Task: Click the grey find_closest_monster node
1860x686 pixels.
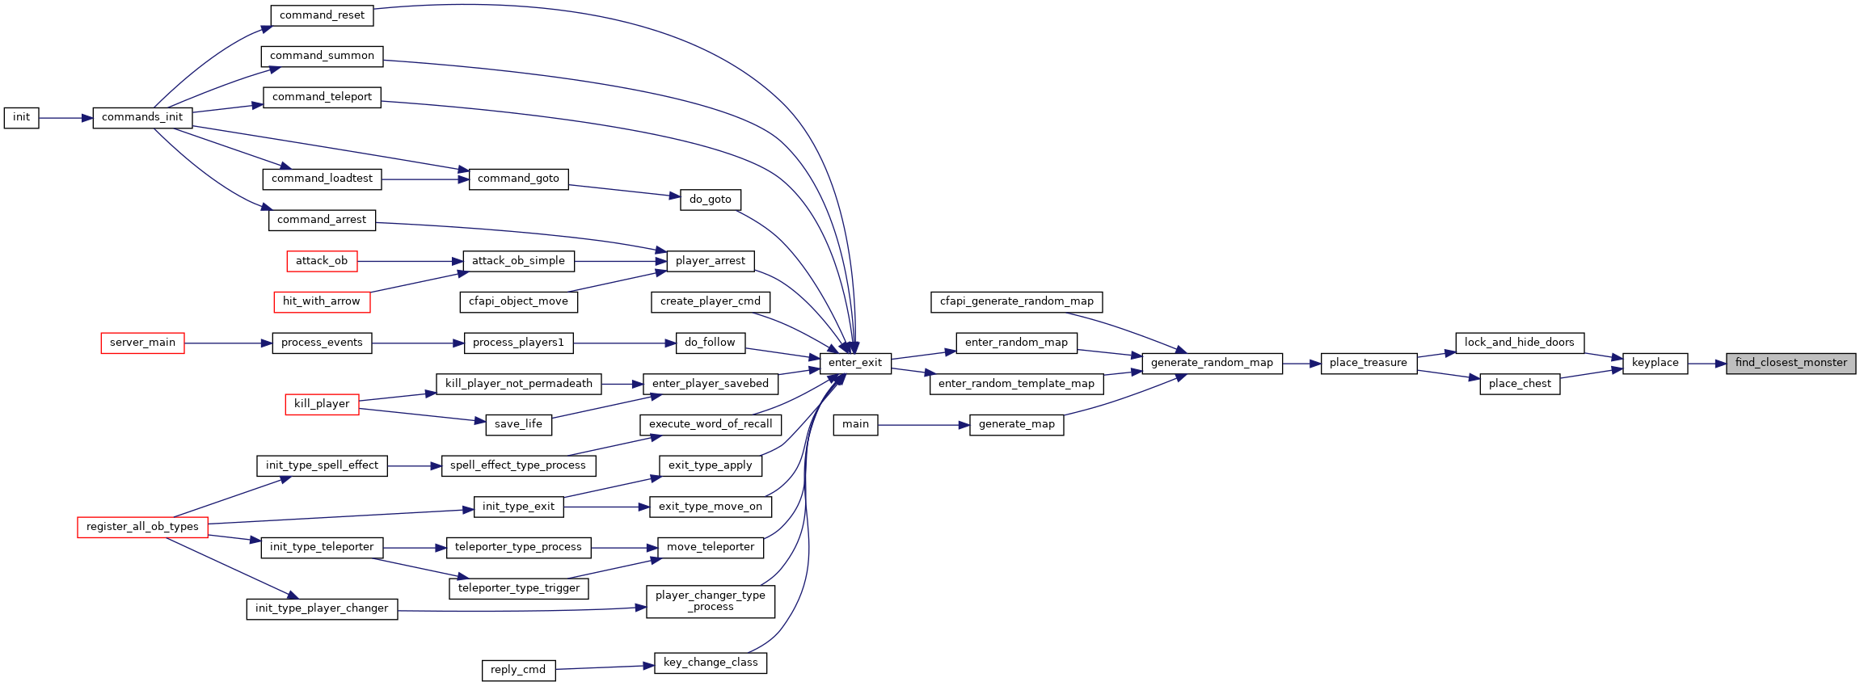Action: pos(1790,363)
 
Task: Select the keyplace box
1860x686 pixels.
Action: pos(1655,363)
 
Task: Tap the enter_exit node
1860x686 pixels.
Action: pos(855,363)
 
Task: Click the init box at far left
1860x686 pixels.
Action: pos(21,117)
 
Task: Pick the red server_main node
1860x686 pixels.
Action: pos(142,343)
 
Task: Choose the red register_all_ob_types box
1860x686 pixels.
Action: pos(142,527)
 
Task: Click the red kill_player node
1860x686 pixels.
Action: pos(322,404)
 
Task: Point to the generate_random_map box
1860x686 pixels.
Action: pos(1212,363)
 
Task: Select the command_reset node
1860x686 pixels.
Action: pos(322,15)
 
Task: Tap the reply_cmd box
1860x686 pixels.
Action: pos(518,670)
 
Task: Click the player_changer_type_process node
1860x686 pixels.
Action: pos(711,601)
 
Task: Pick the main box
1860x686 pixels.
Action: pos(855,424)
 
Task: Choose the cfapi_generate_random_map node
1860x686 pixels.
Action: pos(1016,301)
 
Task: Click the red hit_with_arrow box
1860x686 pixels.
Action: pos(322,301)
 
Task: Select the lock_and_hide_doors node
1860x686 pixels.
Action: pos(1520,343)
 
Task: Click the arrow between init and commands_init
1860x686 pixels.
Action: pos(65,118)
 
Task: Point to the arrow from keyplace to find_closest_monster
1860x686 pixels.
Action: pos(1706,364)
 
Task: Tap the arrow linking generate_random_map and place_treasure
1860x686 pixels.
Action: pos(1301,364)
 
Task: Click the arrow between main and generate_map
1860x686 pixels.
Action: pos(924,425)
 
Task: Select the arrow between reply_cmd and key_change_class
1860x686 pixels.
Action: pos(605,667)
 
